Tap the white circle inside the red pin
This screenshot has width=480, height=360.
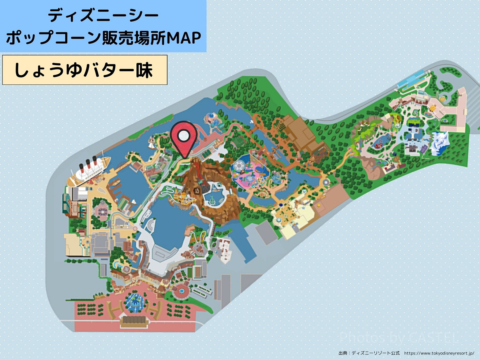184,136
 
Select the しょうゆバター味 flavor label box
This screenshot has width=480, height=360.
85,70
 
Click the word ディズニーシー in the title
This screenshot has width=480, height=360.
103,16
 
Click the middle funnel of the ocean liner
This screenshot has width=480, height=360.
88,162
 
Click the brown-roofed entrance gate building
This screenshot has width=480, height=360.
135,321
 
